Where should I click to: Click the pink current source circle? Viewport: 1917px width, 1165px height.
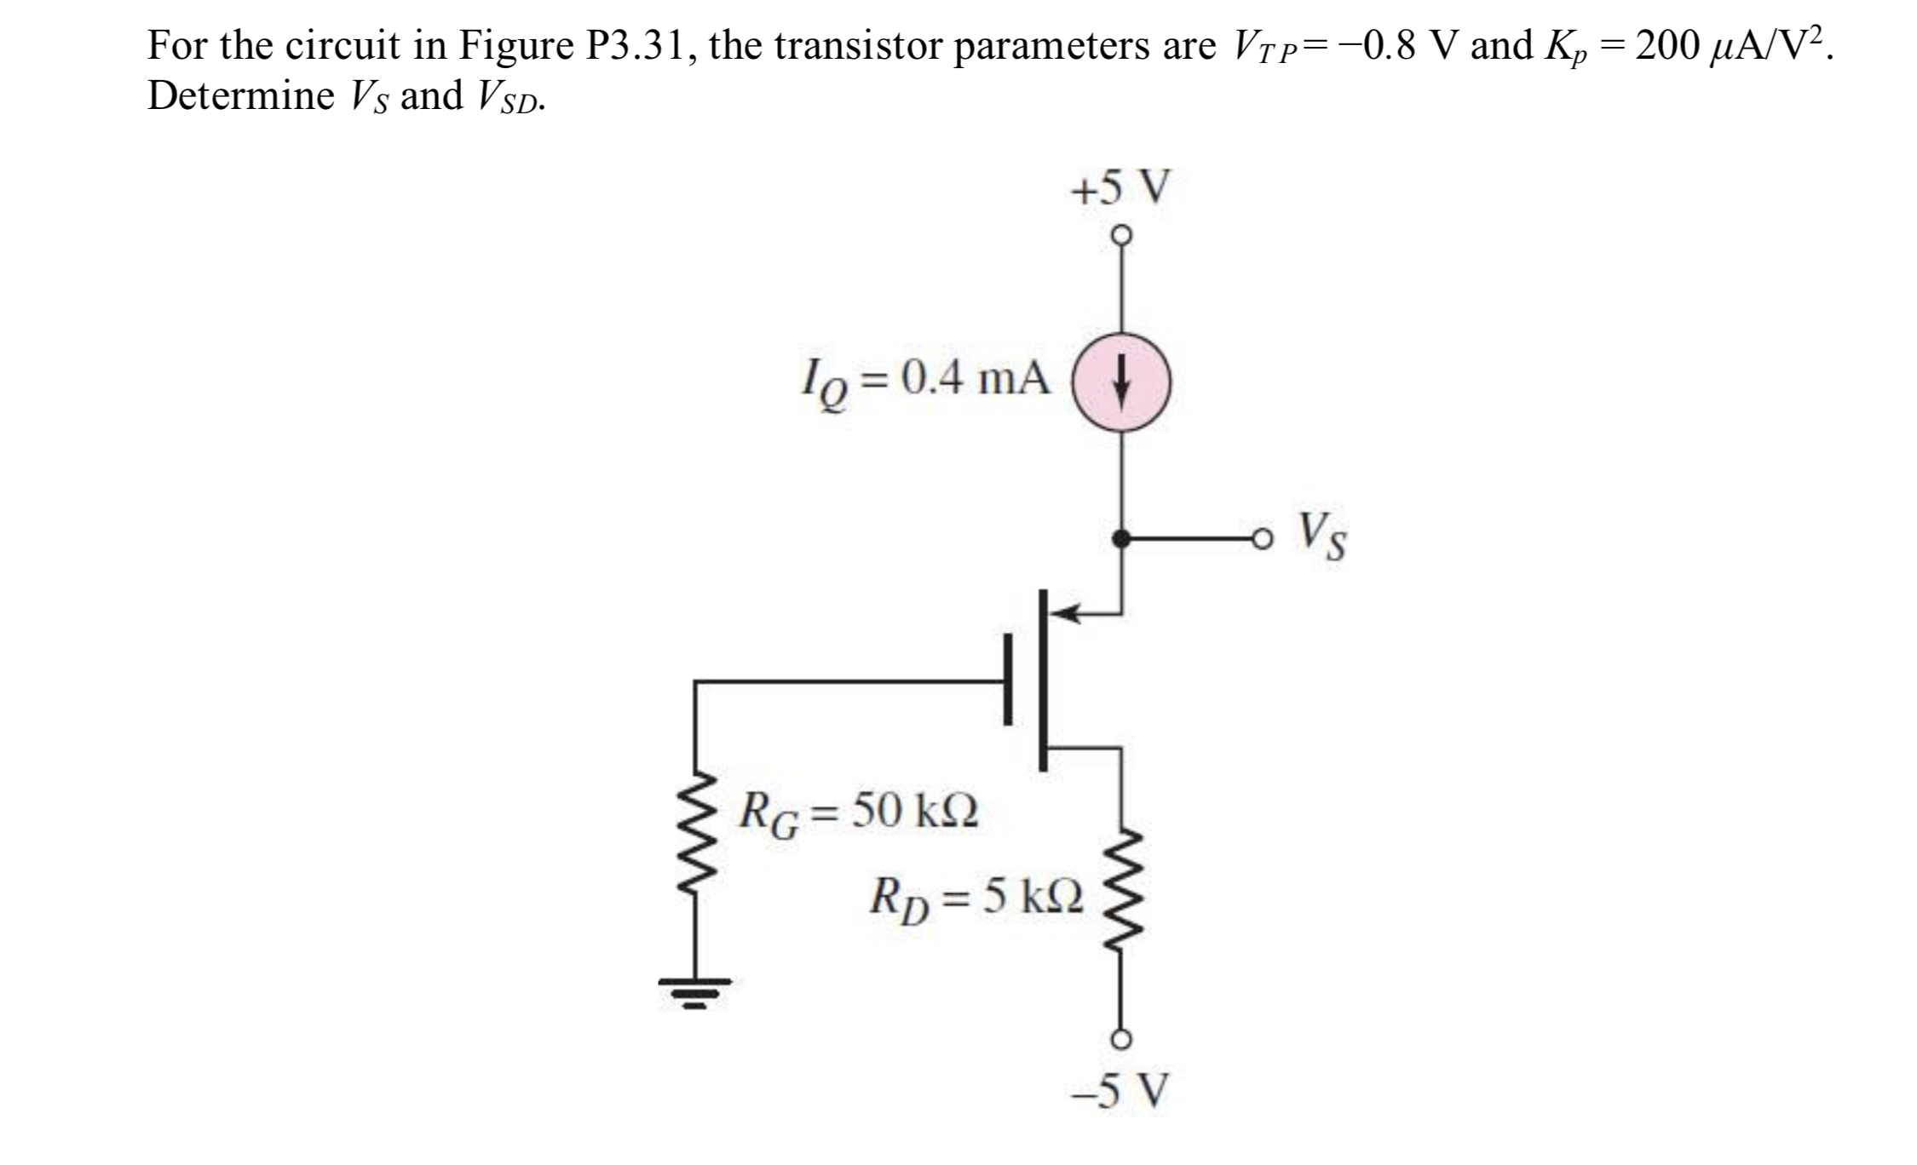[1120, 383]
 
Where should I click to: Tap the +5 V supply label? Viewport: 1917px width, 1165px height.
[1120, 187]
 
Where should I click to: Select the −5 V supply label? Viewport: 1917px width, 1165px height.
[1120, 1091]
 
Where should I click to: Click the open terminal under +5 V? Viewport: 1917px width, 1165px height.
[1121, 233]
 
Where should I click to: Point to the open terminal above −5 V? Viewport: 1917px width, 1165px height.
[1121, 1038]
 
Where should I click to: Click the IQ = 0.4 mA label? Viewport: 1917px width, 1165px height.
[925, 380]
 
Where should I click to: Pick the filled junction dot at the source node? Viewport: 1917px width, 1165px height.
[1121, 538]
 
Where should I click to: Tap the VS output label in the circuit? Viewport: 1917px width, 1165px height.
[1323, 537]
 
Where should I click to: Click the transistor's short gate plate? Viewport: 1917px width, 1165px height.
[1009, 680]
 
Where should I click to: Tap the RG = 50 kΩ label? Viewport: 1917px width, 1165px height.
[859, 812]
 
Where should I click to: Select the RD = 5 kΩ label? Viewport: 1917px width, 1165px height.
[976, 898]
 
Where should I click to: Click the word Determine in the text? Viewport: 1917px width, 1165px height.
[241, 95]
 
